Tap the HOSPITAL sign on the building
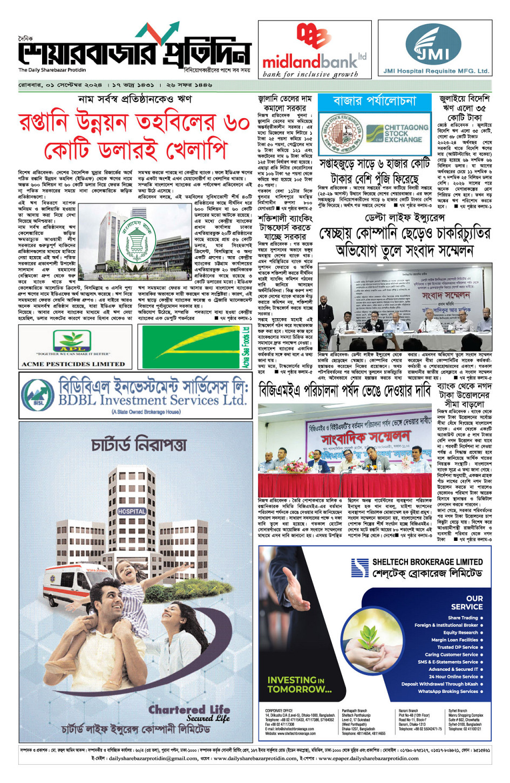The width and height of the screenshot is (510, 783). click(x=132, y=511)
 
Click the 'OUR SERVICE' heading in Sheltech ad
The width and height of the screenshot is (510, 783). click(x=474, y=602)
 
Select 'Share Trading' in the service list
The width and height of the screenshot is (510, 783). click(x=463, y=618)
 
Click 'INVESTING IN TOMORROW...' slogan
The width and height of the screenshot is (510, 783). click(x=299, y=684)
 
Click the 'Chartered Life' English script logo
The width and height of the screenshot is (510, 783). click(x=189, y=713)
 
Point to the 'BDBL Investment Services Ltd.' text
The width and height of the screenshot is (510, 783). click(x=152, y=401)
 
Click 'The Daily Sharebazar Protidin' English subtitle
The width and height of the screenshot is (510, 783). click(x=52, y=70)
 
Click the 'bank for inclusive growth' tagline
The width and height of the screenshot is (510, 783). click(x=310, y=74)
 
